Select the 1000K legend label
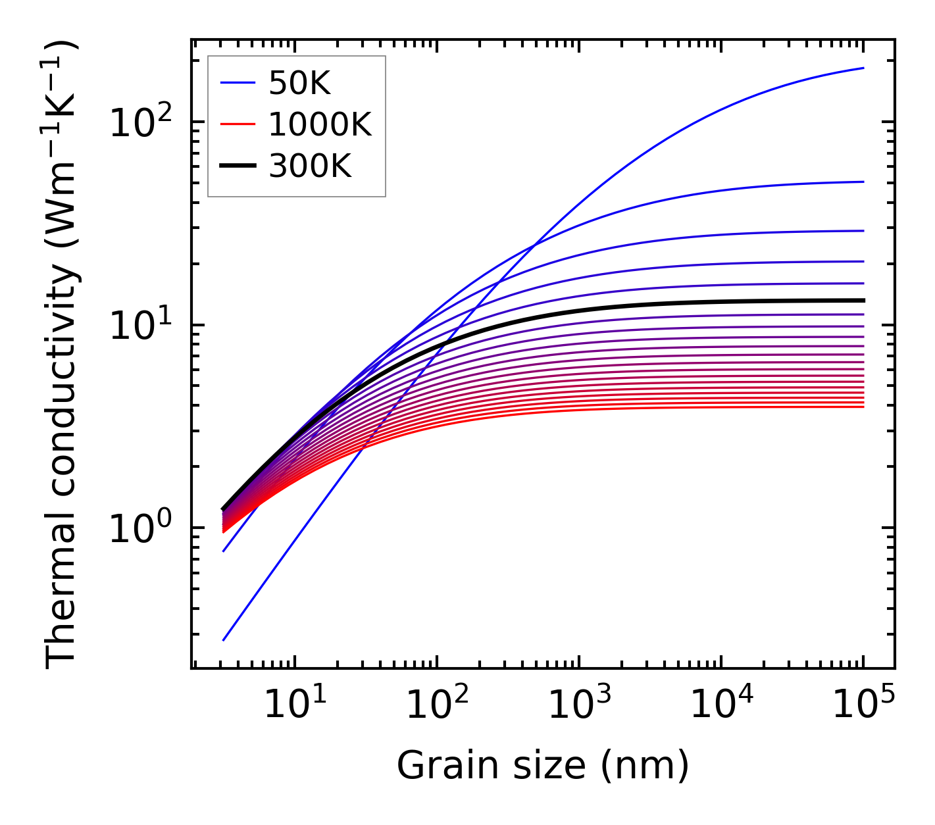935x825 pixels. (320, 124)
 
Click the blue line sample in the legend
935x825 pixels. (238, 83)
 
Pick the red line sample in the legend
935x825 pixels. (238, 124)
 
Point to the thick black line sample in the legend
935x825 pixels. (238, 166)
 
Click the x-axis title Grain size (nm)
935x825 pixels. (543, 765)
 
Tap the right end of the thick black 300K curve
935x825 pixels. (863, 300)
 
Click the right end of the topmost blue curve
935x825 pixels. (863, 68)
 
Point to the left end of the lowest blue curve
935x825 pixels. (224, 640)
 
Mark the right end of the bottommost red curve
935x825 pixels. (863, 407)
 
